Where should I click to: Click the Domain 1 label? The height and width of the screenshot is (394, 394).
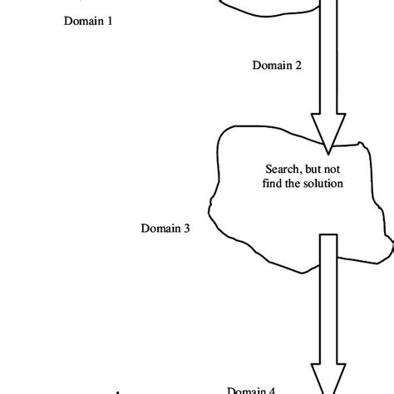(x=88, y=22)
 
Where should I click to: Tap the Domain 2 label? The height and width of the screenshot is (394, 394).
(x=277, y=66)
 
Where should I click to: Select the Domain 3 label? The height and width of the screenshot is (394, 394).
(x=165, y=227)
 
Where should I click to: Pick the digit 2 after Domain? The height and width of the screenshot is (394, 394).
(x=298, y=66)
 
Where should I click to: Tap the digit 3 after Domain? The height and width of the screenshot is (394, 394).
(x=186, y=227)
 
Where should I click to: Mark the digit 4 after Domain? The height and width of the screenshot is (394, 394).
(x=273, y=388)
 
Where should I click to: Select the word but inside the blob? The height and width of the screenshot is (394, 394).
(x=316, y=167)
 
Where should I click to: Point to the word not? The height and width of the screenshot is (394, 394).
(x=335, y=167)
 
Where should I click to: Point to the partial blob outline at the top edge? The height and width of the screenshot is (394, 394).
(x=266, y=10)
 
